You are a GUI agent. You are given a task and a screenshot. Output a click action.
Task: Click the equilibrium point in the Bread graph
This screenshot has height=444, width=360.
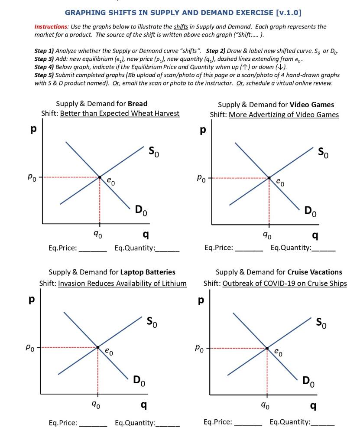click(100, 177)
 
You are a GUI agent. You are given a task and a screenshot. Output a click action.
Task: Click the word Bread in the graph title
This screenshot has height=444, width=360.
click(138, 104)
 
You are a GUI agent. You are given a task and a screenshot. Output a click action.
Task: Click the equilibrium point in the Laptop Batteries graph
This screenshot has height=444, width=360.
click(98, 347)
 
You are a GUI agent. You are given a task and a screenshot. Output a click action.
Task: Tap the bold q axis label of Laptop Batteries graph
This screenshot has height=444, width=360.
click(144, 405)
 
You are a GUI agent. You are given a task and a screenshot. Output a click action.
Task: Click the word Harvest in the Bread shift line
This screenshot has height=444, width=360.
click(167, 113)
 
